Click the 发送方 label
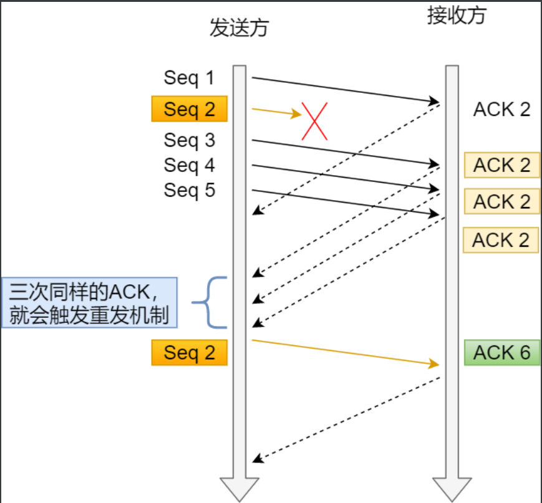pyautogui.click(x=238, y=27)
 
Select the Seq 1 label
pyautogui.click(x=189, y=78)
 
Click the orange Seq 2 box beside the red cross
pyautogui.click(x=190, y=109)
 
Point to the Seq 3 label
pyautogui.click(x=189, y=140)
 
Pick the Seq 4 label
pyautogui.click(x=189, y=165)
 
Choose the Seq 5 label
pyautogui.click(x=189, y=189)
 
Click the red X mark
pyautogui.click(x=315, y=120)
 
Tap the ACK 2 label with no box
pyautogui.click(x=501, y=109)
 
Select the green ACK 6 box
pyautogui.click(x=501, y=352)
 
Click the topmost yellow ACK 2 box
pyautogui.click(x=501, y=165)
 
